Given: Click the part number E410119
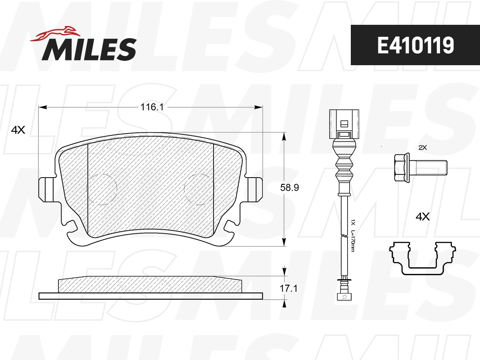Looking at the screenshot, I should coord(415,45).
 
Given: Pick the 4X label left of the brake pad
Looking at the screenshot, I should coord(18,130).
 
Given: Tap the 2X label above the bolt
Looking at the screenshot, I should coord(422,147).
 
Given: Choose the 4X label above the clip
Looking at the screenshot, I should coord(422,217).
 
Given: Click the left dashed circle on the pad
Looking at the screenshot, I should coord(101,189).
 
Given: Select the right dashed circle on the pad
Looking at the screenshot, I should coord(200,189).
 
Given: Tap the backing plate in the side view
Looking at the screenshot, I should coord(151,296).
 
